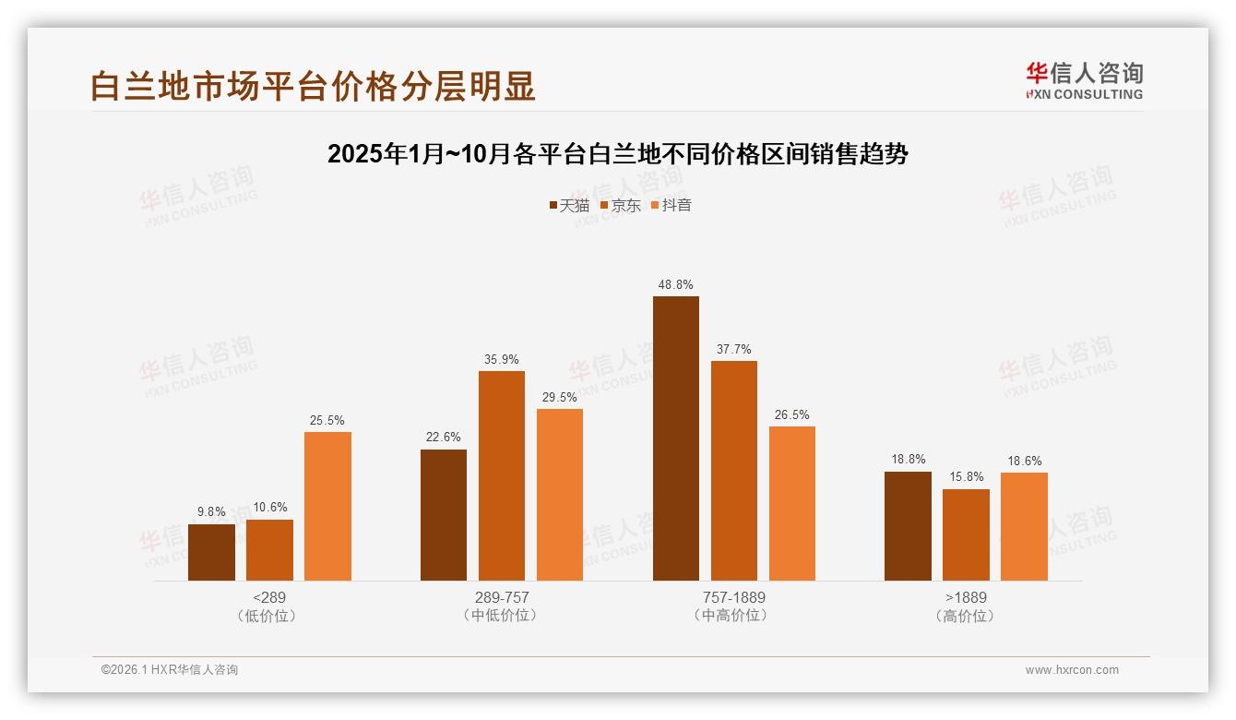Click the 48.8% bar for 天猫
[675, 438]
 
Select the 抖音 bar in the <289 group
[327, 506]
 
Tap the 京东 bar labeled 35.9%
[502, 475]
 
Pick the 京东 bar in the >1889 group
[966, 534]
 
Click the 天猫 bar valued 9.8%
[211, 552]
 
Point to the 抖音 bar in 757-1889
[791, 503]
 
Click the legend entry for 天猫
[569, 205]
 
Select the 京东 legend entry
[621, 205]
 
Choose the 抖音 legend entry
[671, 205]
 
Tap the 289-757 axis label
[502, 597]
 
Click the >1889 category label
[966, 597]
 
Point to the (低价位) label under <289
[269, 616]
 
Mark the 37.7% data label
[733, 349]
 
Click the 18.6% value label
[1024, 461]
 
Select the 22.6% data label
[444, 438]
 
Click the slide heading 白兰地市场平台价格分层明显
[313, 86]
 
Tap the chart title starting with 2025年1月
[618, 154]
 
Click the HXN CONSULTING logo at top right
[1084, 80]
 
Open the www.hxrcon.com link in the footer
[1072, 670]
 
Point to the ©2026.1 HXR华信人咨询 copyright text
[170, 670]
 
